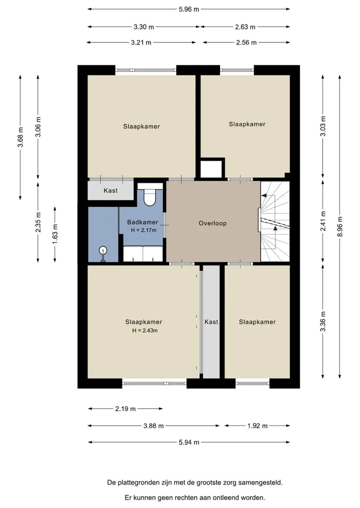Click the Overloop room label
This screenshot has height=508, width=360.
[x=212, y=223]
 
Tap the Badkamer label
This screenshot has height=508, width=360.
[x=142, y=222]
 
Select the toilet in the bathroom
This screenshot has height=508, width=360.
[x=150, y=195]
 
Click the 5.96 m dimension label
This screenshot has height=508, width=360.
[x=189, y=9]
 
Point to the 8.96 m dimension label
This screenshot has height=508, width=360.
[x=339, y=226]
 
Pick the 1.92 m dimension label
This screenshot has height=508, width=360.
[x=257, y=426]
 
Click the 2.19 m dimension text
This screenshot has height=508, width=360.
[x=125, y=409]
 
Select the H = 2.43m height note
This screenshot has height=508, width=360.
[x=145, y=331]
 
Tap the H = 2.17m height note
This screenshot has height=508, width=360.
[x=143, y=230]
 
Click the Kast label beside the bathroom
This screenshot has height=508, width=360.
[x=110, y=190]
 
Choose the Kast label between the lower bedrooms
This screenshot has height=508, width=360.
[x=211, y=322]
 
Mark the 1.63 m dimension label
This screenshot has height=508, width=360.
[x=55, y=234]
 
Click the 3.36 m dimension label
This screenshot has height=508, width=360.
[x=322, y=321]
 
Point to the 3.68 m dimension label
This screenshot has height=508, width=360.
[x=20, y=137]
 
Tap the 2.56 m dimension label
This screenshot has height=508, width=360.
[x=246, y=42]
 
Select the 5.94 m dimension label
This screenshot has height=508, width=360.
[x=189, y=442]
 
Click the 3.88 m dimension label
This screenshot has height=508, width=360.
[x=153, y=426]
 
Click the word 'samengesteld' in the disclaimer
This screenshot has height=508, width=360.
[x=260, y=483]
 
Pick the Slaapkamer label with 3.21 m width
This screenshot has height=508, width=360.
[x=141, y=126]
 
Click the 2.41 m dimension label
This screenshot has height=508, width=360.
[x=323, y=221]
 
